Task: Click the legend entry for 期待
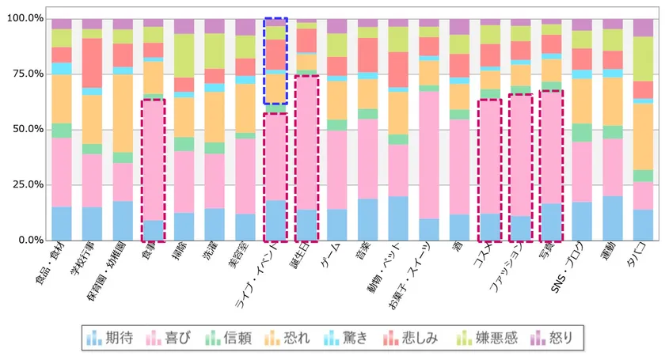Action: [x=110, y=339]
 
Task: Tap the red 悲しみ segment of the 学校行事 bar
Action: [x=92, y=63]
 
